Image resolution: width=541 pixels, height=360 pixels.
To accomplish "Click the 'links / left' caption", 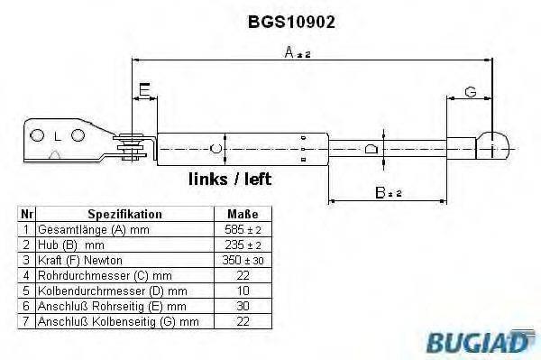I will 229,180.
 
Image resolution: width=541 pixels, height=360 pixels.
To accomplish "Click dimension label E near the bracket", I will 144,89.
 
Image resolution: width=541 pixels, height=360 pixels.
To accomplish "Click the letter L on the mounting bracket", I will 56,136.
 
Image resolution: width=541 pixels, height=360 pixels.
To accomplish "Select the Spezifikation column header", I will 124,215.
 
